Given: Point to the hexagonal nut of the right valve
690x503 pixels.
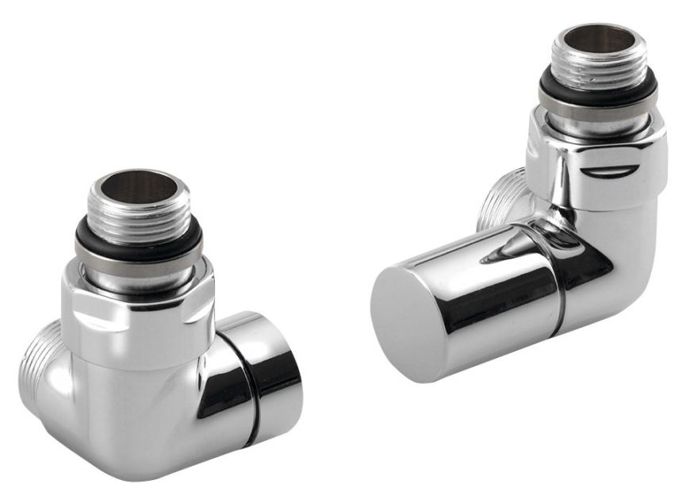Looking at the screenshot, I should (x=595, y=163).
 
